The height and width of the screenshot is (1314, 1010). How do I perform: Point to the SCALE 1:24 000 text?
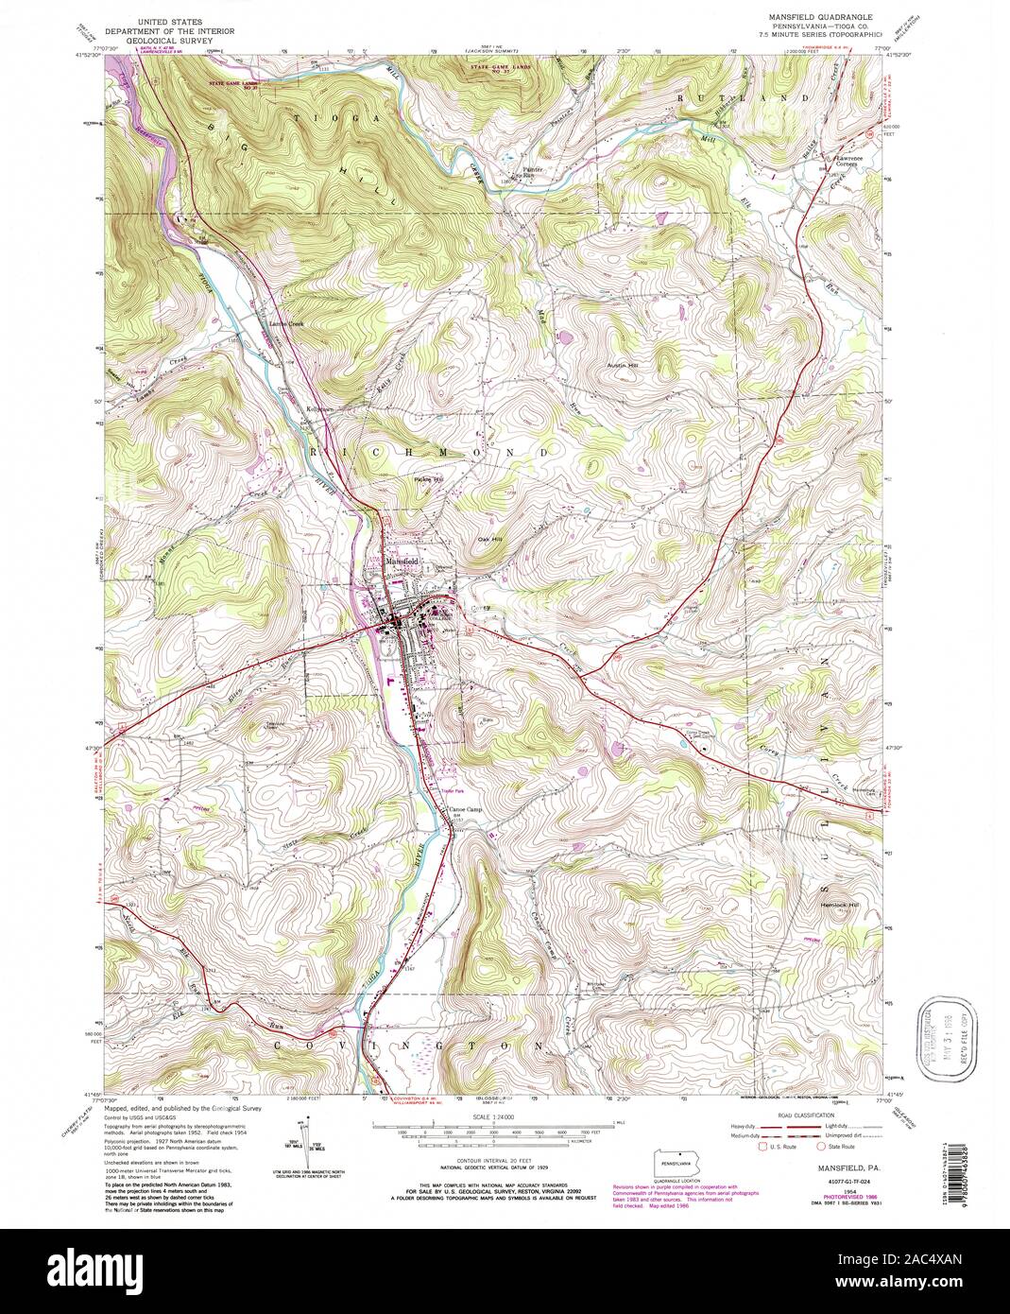tap(489, 1116)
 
